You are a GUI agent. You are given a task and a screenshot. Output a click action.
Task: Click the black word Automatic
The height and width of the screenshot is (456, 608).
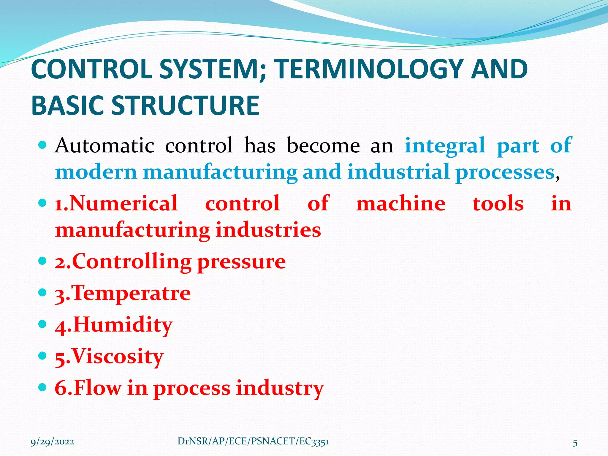(104, 145)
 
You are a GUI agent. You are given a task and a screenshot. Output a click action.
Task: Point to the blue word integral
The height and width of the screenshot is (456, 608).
(445, 145)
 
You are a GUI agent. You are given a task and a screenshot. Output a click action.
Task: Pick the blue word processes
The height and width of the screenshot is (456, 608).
(505, 172)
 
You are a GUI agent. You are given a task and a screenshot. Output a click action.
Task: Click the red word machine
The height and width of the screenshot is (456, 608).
(400, 204)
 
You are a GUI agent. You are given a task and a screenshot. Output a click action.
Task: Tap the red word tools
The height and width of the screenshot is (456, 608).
(498, 204)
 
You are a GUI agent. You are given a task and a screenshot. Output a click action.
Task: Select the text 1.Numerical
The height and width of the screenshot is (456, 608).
(116, 204)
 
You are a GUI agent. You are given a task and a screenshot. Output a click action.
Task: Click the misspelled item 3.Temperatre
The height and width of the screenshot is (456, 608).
(123, 293)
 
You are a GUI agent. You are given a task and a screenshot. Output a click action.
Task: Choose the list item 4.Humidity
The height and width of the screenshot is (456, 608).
(114, 325)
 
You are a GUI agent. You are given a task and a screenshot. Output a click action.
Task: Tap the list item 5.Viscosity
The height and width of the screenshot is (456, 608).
(109, 356)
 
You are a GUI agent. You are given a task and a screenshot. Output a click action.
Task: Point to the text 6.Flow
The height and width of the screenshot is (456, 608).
(88, 388)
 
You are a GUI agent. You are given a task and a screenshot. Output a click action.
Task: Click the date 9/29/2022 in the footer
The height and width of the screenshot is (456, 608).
(53, 442)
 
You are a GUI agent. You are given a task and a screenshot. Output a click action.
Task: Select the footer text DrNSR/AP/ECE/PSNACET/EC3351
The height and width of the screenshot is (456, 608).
(253, 441)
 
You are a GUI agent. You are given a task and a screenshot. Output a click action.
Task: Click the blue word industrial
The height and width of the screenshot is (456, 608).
(398, 172)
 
